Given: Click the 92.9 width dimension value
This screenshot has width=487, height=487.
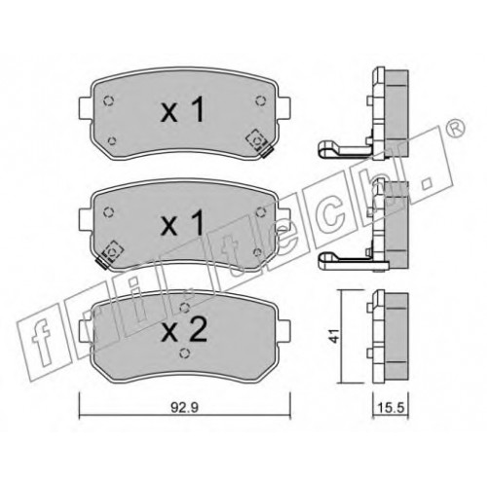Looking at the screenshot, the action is (184, 408).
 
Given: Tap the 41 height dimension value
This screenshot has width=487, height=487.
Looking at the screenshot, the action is (335, 335).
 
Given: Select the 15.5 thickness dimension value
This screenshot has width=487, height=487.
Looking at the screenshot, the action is (391, 407).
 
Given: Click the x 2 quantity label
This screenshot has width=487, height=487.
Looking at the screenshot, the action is (184, 330).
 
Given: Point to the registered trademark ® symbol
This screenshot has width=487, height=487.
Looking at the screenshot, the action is (455, 130).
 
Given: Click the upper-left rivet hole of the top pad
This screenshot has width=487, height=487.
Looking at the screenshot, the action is (108, 101).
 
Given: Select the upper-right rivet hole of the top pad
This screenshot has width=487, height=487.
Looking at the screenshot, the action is (260, 101).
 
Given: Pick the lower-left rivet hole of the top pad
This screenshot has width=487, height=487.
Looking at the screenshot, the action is (112, 141).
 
